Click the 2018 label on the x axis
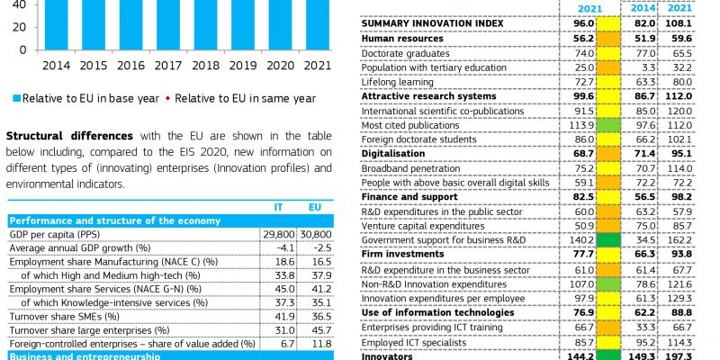click(x=205, y=66)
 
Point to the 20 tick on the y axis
click(x=20, y=27)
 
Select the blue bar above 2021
click(x=318, y=25)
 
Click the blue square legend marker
click(x=17, y=99)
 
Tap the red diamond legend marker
click(x=168, y=99)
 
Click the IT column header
click(x=278, y=208)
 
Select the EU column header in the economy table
click(x=314, y=208)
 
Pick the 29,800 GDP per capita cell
click(x=279, y=235)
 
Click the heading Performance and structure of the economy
click(x=115, y=220)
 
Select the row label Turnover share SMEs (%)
click(x=64, y=317)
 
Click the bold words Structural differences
click(x=69, y=136)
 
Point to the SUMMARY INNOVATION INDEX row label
click(x=432, y=23)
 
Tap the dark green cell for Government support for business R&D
click(x=608, y=240)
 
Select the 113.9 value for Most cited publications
click(x=584, y=125)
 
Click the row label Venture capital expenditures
click(x=422, y=227)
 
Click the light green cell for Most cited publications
click(x=608, y=125)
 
